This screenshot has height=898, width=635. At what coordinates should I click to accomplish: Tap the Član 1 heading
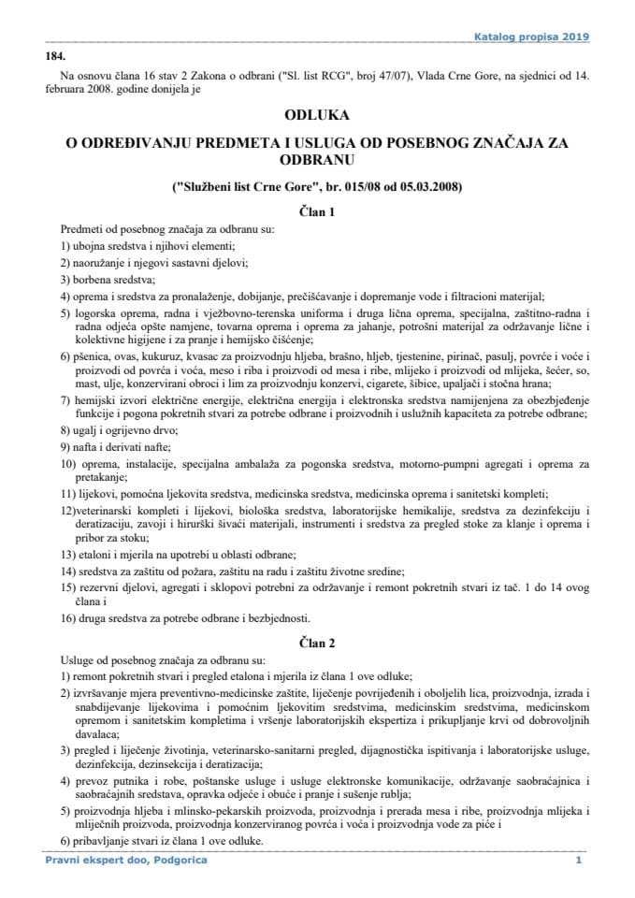pyautogui.click(x=316, y=212)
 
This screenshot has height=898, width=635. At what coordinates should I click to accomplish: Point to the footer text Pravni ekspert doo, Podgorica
pyautogui.click(x=126, y=860)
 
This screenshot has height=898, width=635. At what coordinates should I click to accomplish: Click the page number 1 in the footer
pyautogui.click(x=579, y=860)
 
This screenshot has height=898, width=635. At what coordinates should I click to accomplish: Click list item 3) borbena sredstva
pyautogui.click(x=108, y=280)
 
